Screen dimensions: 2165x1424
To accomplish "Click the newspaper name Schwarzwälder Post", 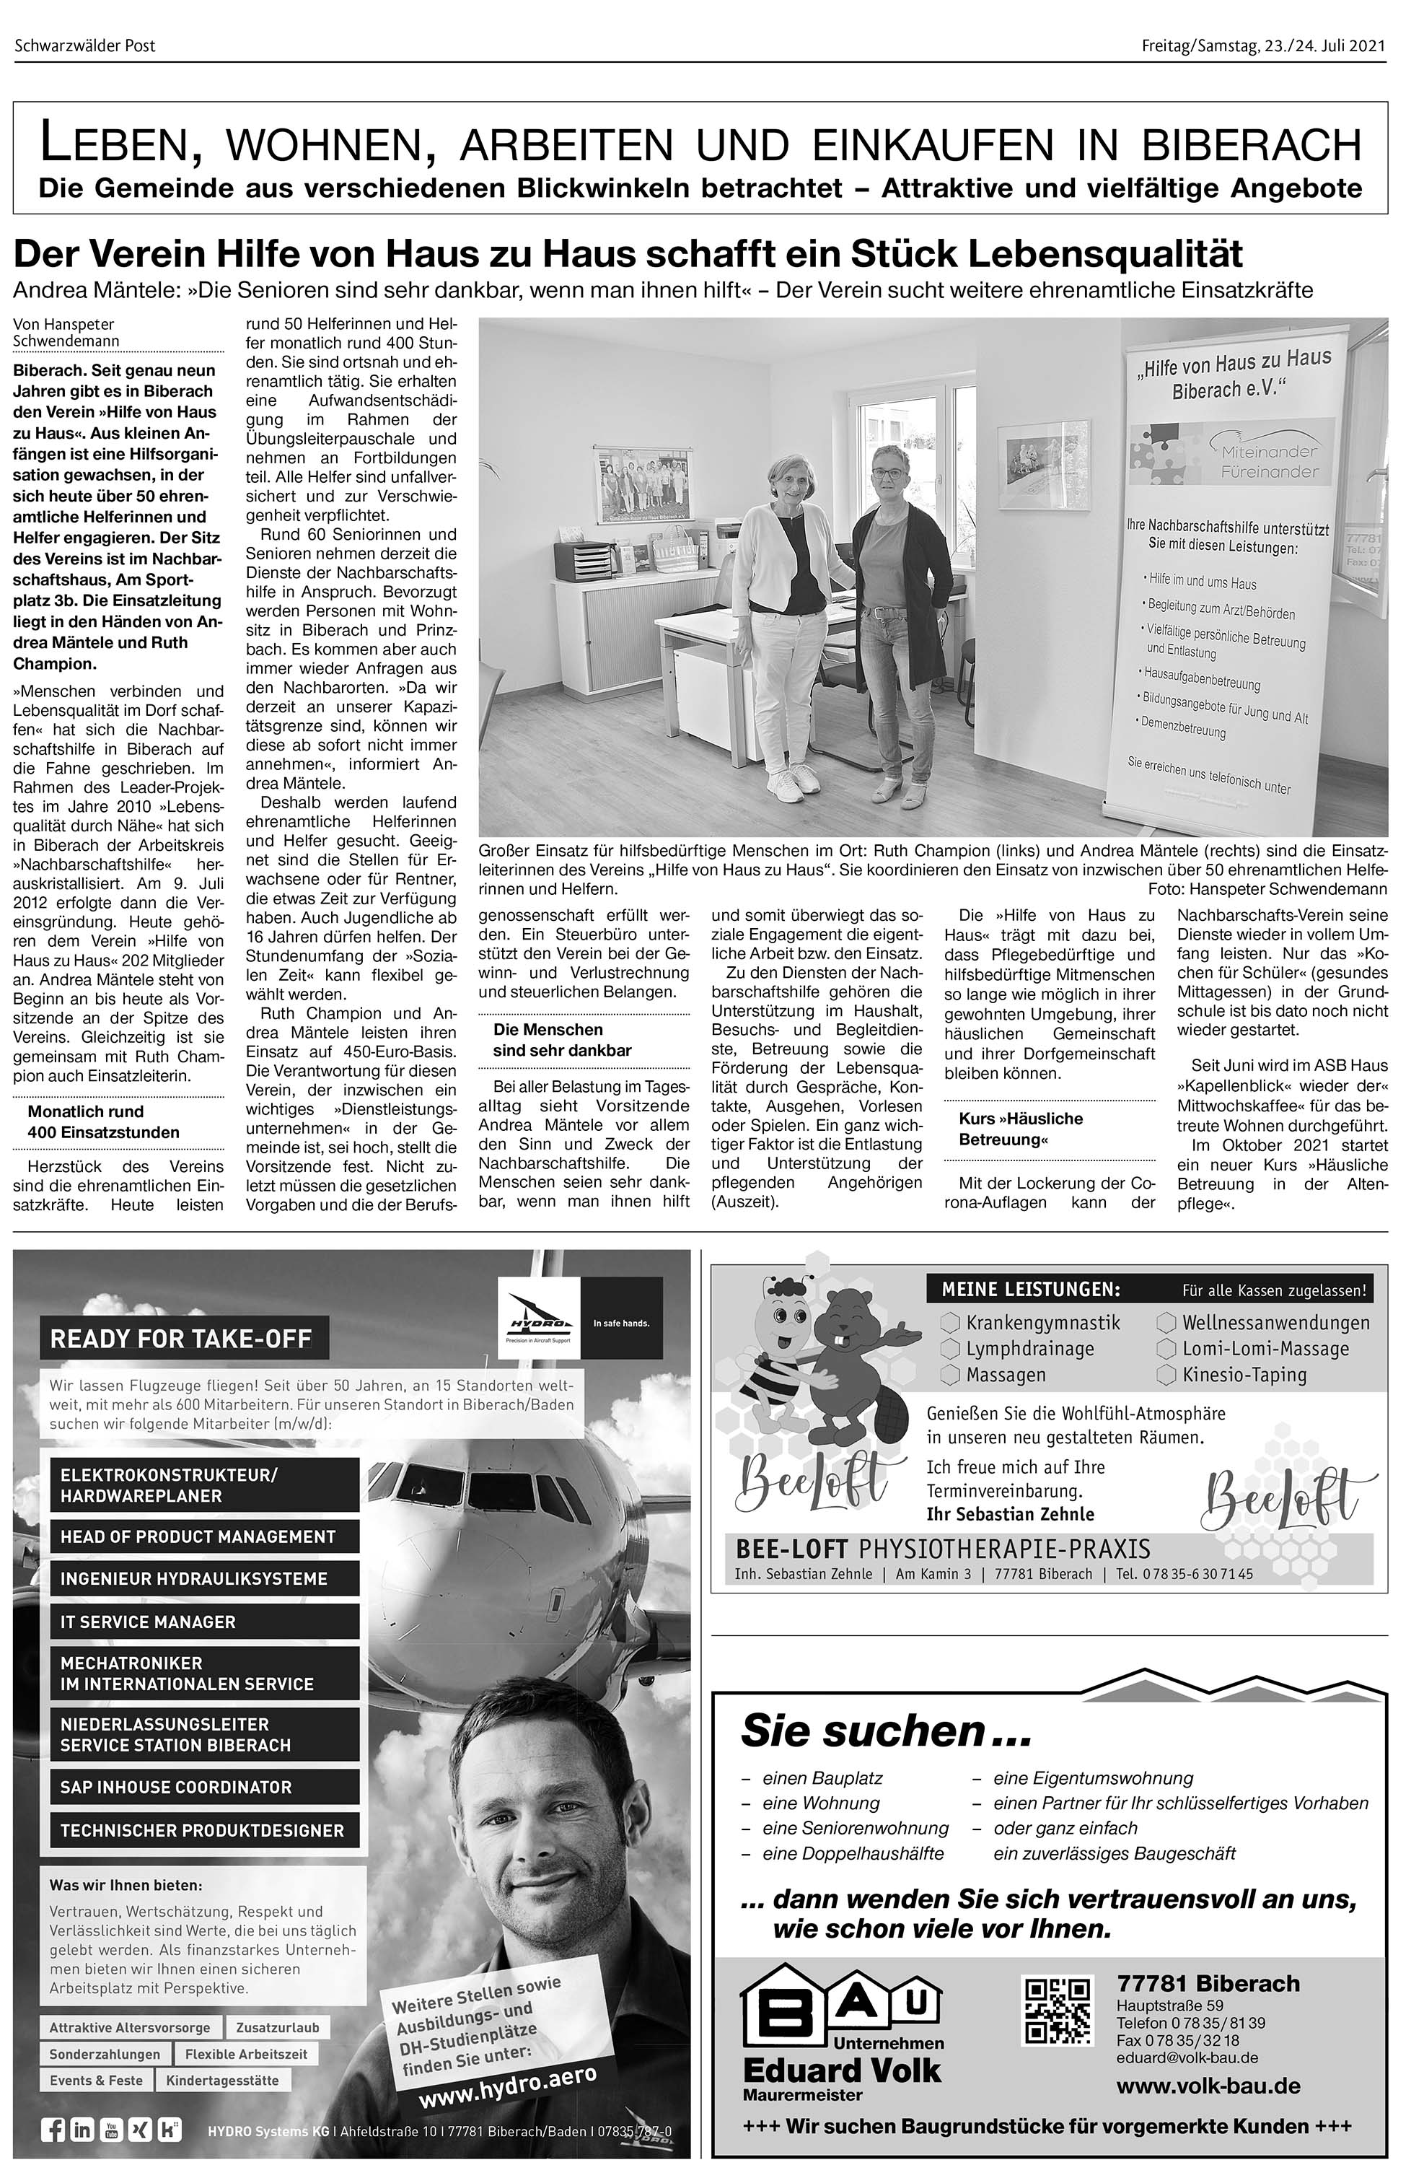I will (x=84, y=45).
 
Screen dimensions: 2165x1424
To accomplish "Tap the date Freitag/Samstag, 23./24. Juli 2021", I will (x=1263, y=45).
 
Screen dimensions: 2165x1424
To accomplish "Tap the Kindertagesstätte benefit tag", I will (x=223, y=2080).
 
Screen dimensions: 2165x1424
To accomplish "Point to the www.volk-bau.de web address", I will (x=1208, y=2086).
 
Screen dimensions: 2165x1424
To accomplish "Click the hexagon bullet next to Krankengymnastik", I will (x=950, y=1323).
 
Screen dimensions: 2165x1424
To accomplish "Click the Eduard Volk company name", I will (x=841, y=2070).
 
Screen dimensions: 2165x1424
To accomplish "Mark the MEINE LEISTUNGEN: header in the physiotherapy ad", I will (x=1030, y=1289).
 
